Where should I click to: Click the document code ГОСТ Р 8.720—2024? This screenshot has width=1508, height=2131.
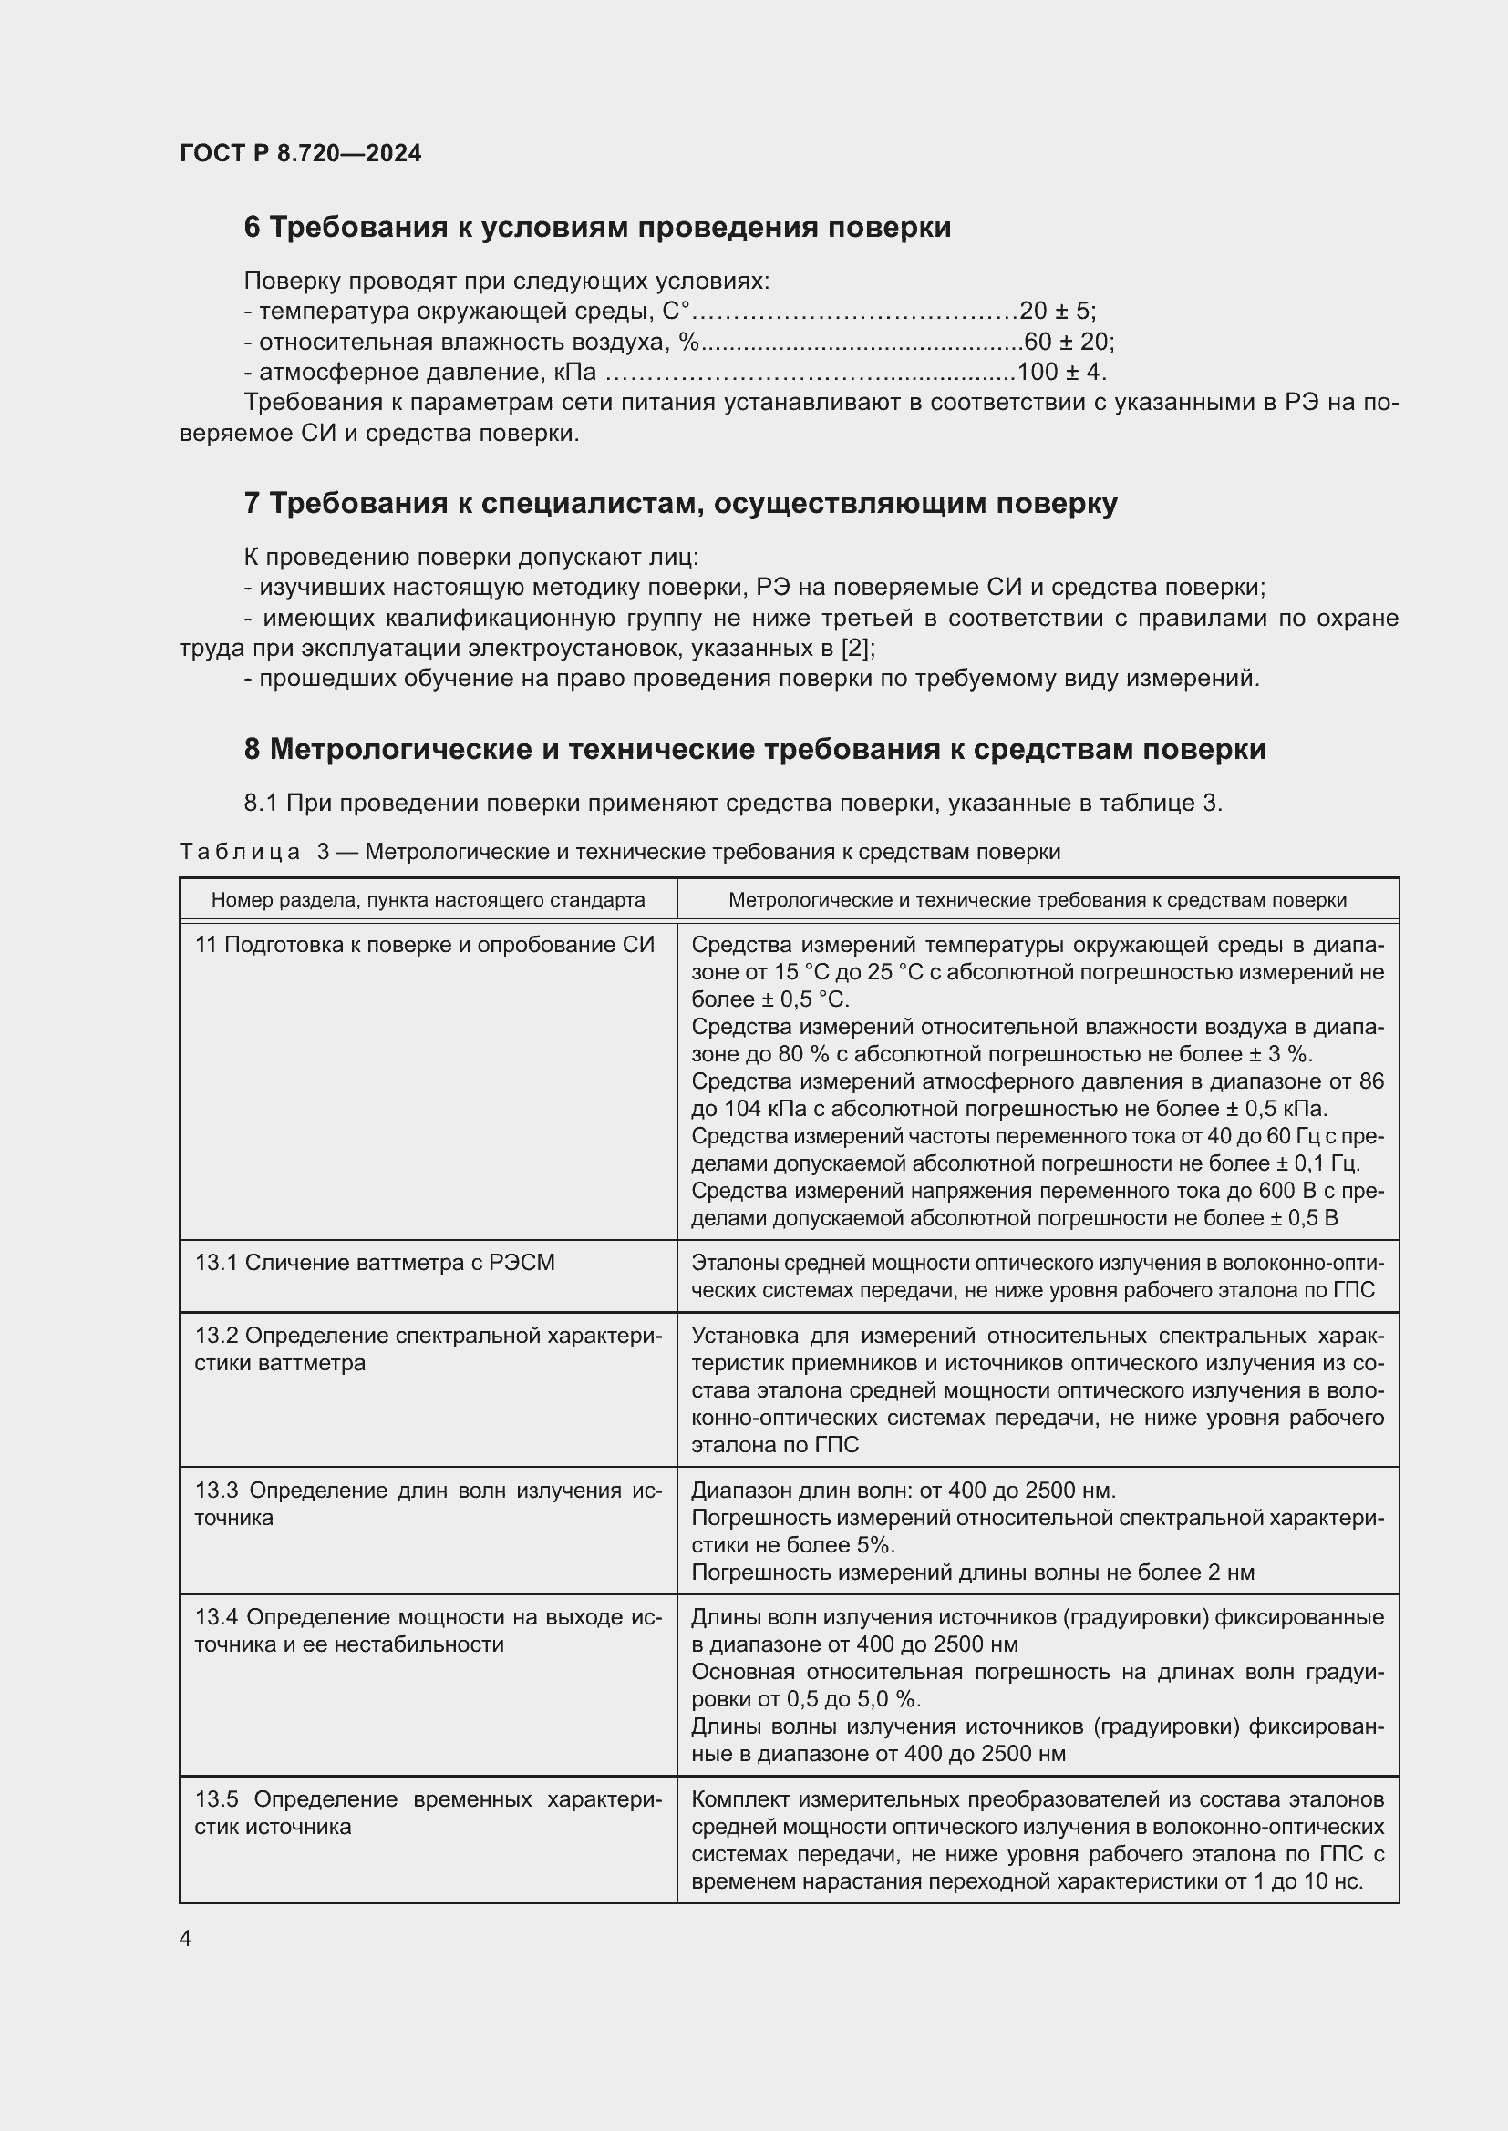[x=300, y=153]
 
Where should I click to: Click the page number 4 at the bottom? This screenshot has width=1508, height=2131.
[x=186, y=1939]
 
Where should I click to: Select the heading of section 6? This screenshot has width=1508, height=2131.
[x=597, y=228]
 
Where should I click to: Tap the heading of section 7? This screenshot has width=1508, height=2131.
[x=680, y=503]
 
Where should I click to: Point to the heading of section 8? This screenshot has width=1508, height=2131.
[x=754, y=749]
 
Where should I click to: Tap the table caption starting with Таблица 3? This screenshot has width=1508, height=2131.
[x=619, y=852]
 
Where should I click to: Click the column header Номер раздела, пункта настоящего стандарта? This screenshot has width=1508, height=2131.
[x=429, y=899]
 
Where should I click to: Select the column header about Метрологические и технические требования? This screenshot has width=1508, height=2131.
[x=1038, y=899]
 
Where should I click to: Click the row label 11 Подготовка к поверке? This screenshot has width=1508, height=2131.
[x=424, y=945]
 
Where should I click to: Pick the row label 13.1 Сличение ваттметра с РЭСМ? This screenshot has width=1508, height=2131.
[x=374, y=1262]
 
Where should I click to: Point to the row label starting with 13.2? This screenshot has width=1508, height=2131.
[x=429, y=1348]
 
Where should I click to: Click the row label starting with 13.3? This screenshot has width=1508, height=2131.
[x=429, y=1503]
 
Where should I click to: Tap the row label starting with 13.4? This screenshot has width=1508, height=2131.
[x=429, y=1631]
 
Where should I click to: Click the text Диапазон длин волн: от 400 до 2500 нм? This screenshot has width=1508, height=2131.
[x=903, y=1491]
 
